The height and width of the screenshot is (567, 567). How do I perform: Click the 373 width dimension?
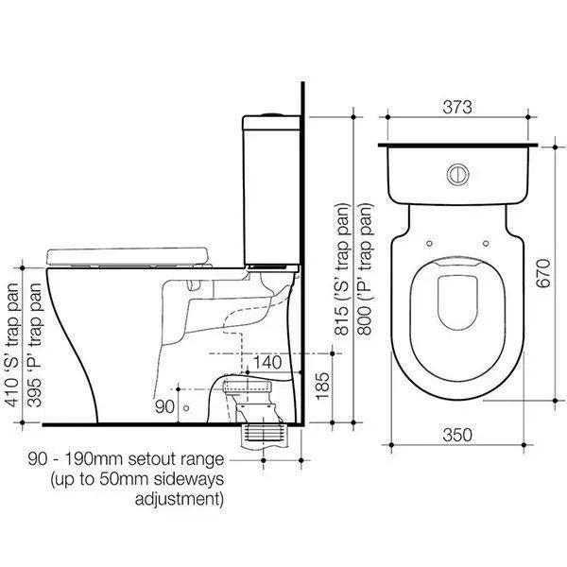pos(456,107)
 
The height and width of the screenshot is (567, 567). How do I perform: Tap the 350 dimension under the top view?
pos(456,435)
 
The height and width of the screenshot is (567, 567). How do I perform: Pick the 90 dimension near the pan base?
pos(164,406)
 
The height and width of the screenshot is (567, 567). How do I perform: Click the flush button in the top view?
pos(458,174)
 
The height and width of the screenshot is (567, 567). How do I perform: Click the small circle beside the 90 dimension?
pos(186,407)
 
